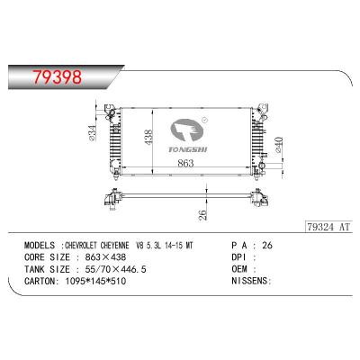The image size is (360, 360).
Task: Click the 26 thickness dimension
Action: (204, 213)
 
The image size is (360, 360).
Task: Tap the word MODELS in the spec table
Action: (41, 244)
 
